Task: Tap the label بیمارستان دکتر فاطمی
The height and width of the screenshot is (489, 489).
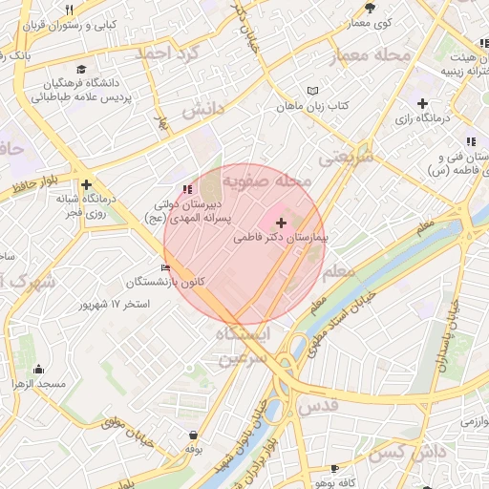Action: click(279, 237)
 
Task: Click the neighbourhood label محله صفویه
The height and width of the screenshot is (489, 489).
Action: click(267, 180)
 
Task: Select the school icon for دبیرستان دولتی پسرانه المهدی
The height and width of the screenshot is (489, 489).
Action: click(185, 189)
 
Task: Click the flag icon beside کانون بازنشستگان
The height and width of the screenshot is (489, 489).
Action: click(167, 267)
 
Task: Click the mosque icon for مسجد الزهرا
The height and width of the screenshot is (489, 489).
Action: click(38, 370)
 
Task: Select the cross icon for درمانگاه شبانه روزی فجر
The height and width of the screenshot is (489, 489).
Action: click(87, 184)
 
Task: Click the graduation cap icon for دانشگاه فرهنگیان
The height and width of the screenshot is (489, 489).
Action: click(82, 70)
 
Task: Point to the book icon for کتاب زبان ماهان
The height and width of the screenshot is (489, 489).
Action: click(312, 91)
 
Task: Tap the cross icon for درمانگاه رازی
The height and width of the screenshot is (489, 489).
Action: click(422, 102)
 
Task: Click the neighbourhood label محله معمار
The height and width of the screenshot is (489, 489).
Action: click(370, 57)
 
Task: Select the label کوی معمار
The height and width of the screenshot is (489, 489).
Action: click(370, 21)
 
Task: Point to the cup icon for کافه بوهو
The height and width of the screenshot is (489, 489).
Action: click(334, 469)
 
